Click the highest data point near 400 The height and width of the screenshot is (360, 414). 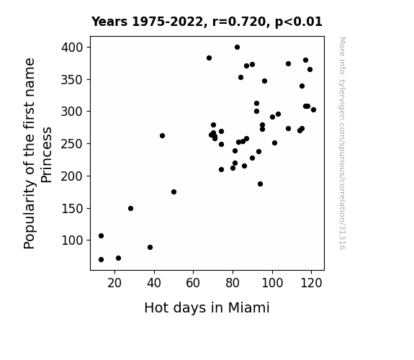(x=237, y=48)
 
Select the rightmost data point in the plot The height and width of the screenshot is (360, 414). (x=313, y=110)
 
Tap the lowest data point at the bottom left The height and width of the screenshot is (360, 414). (x=101, y=260)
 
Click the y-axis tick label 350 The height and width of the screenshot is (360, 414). (x=72, y=80)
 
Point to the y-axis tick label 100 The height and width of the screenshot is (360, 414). (x=72, y=240)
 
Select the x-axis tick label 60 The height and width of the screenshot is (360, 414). (x=193, y=283)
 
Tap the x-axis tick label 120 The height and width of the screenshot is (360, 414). (x=311, y=283)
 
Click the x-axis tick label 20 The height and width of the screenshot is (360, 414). (x=114, y=283)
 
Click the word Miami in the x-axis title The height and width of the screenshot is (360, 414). (x=248, y=308)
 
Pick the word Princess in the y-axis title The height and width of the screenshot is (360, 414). (x=47, y=155)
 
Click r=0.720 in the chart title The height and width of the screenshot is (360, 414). (x=238, y=22)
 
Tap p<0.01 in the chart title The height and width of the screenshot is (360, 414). (x=299, y=22)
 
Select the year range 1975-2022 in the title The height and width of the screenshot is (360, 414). (x=167, y=22)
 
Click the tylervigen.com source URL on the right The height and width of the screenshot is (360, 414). (x=342, y=144)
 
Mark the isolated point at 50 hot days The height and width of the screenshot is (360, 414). (x=174, y=192)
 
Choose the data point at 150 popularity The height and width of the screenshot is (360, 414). (x=131, y=208)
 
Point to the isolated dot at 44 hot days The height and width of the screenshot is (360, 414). (x=163, y=136)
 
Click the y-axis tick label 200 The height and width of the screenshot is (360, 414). (x=72, y=176)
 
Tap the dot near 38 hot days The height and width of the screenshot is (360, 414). (x=150, y=248)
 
